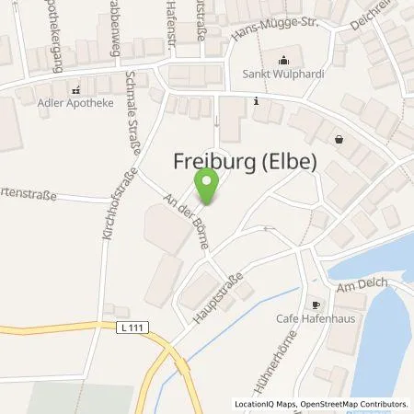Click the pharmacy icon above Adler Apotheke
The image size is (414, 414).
(x=76, y=90)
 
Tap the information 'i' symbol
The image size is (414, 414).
(x=256, y=104)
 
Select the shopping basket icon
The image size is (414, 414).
(x=340, y=140)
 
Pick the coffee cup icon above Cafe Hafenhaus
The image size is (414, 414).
(x=316, y=304)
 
